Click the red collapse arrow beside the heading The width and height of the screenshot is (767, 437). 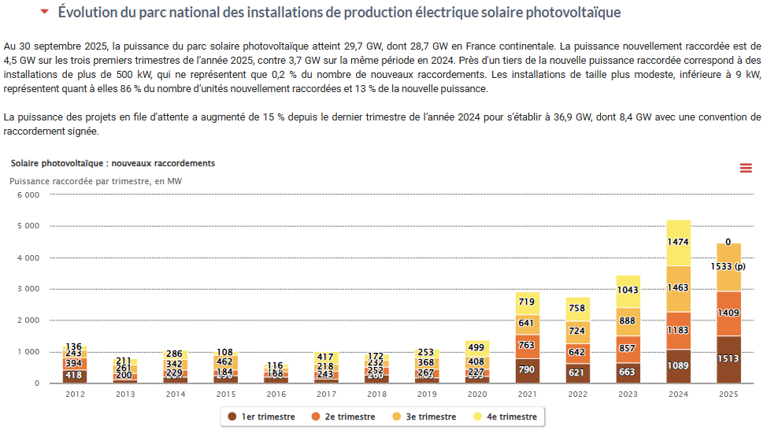pyautogui.click(x=44, y=13)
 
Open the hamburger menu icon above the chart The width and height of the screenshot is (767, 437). pyautogui.click(x=746, y=167)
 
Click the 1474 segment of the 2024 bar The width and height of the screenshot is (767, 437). pyautogui.click(x=678, y=243)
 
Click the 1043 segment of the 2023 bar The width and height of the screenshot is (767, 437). pyautogui.click(x=628, y=291)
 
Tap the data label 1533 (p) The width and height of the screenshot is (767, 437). pyautogui.click(x=728, y=267)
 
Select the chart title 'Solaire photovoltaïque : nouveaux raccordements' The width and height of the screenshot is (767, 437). pyautogui.click(x=113, y=163)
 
